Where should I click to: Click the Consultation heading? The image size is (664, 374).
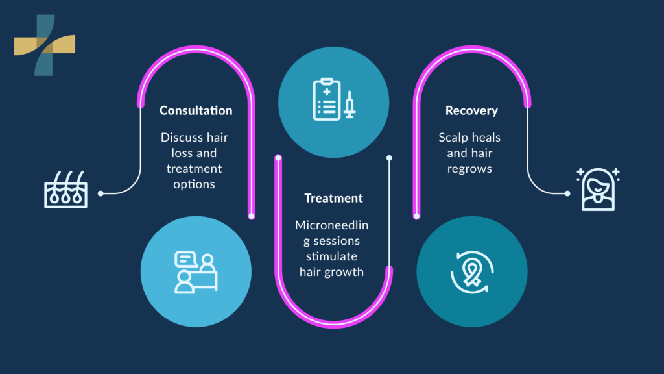196,110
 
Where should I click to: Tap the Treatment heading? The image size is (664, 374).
334,198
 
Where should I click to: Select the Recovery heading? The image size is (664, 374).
471,110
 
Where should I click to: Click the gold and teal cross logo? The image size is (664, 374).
45,45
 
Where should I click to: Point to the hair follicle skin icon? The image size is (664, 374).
65,190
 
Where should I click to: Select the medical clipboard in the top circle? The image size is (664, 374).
327,99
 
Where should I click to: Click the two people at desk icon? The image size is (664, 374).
196,272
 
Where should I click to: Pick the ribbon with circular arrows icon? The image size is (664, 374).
471,271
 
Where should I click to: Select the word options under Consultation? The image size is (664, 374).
194,184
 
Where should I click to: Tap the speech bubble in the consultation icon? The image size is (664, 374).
186,258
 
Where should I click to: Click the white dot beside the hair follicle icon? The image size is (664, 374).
101,193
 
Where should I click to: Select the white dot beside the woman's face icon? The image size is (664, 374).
567,193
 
